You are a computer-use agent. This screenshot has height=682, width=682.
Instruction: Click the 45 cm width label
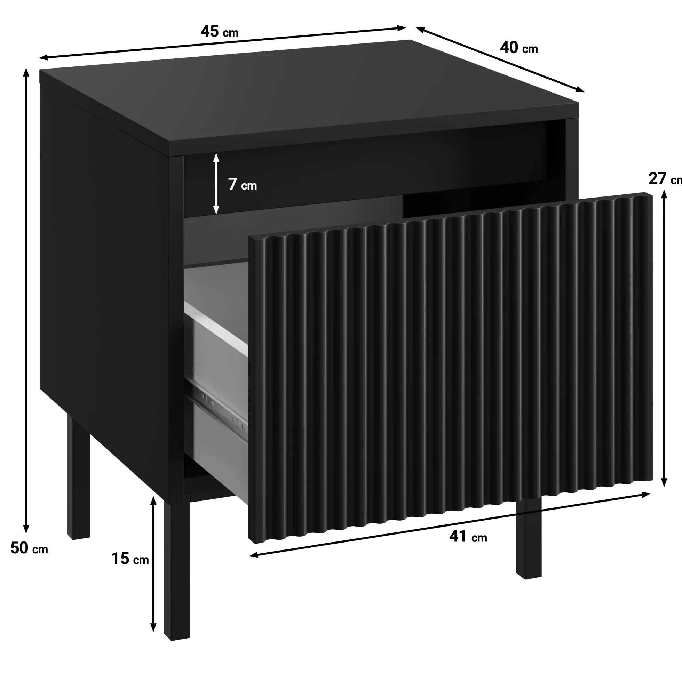[x=219, y=32]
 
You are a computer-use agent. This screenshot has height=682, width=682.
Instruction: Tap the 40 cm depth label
[x=519, y=48]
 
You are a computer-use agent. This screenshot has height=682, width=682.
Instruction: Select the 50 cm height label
[x=29, y=548]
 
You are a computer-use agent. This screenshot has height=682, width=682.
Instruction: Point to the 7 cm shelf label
[x=242, y=184]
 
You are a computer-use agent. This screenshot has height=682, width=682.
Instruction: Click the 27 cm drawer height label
[x=665, y=179]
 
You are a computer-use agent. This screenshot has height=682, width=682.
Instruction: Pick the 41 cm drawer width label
[x=468, y=536]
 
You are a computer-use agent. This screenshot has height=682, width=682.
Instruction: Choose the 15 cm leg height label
[x=130, y=559]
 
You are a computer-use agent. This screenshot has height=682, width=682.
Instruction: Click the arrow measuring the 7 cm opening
[x=216, y=184]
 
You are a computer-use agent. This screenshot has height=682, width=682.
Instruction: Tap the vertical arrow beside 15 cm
[x=153, y=564]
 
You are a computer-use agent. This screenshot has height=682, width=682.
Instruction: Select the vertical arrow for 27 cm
[x=664, y=338]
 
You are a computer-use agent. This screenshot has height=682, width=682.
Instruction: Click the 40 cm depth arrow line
[x=500, y=59]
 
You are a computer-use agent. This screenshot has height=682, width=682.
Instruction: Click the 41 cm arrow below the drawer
[x=450, y=524]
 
